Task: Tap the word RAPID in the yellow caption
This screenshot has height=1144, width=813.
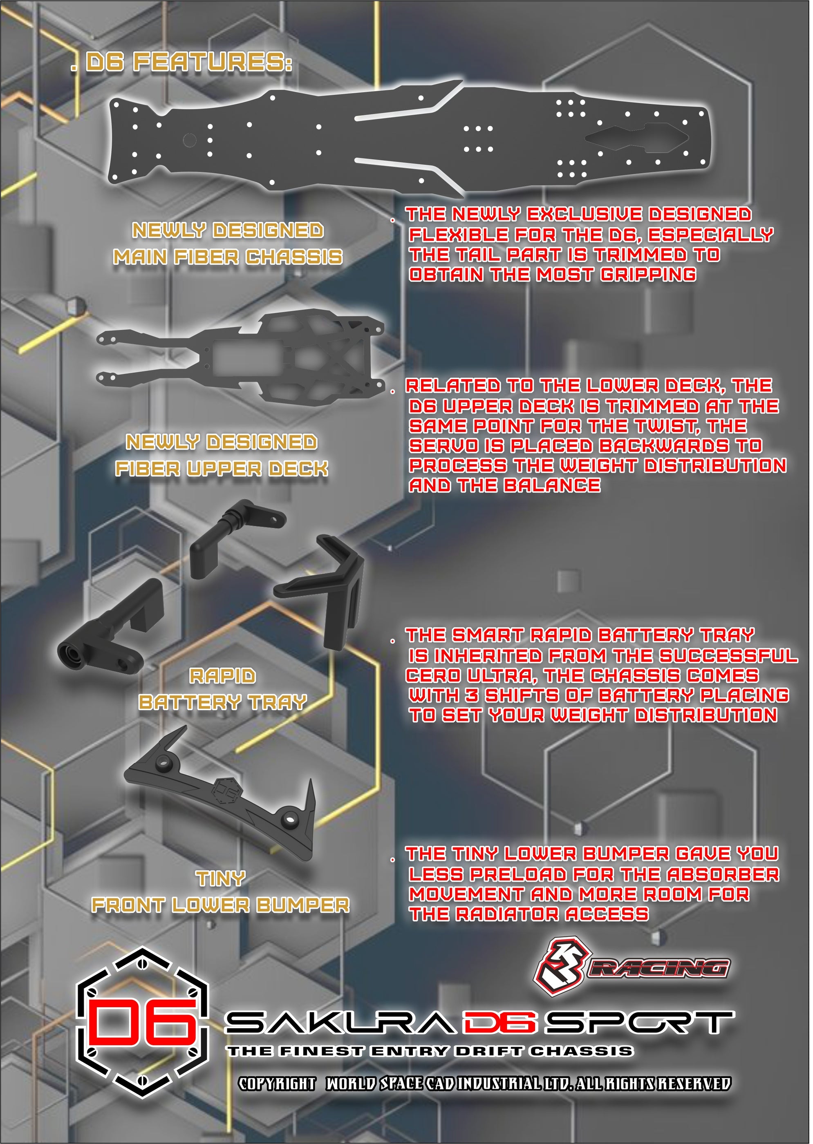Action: [223, 676]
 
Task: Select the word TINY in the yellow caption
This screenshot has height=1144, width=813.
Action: [220, 879]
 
